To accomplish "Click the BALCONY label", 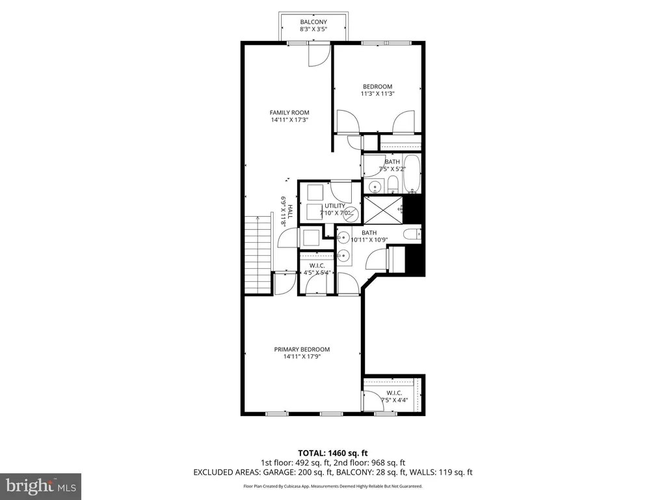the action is pyautogui.click(x=313, y=22).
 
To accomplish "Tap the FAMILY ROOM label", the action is pyautogui.click(x=289, y=113).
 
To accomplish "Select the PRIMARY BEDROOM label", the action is pyautogui.click(x=302, y=350).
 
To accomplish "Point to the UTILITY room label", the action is pyautogui.click(x=335, y=206).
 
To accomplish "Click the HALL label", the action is pyautogui.click(x=290, y=212).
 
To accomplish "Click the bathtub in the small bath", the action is pyautogui.click(x=412, y=173).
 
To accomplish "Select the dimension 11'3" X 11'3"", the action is pyautogui.click(x=378, y=94).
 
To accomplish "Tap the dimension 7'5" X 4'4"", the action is pyautogui.click(x=394, y=400).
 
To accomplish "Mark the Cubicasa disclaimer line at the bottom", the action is pyautogui.click(x=332, y=486).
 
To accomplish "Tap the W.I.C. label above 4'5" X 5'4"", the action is pyautogui.click(x=317, y=266).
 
